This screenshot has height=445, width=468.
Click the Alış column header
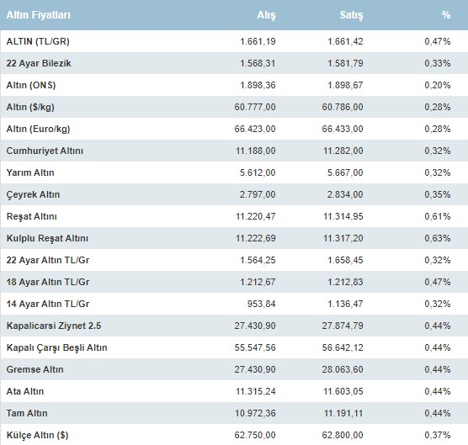click(x=266, y=15)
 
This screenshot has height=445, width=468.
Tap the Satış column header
click(x=351, y=15)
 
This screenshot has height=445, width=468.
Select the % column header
click(x=446, y=15)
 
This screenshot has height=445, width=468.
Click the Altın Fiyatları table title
click(x=39, y=15)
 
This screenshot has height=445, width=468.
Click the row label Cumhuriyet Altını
click(x=45, y=151)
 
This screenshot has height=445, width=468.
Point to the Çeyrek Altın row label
click(x=33, y=195)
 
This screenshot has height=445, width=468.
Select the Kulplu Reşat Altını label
click(x=47, y=238)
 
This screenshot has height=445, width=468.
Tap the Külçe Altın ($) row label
click(x=37, y=435)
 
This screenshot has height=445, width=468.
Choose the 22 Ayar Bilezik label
click(x=39, y=63)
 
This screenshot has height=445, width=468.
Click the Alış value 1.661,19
click(x=258, y=41)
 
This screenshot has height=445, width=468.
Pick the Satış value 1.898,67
click(x=345, y=85)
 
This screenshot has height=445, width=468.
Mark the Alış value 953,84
click(x=262, y=304)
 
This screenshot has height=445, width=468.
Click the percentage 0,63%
click(x=438, y=238)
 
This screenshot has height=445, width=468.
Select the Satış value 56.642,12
click(x=343, y=347)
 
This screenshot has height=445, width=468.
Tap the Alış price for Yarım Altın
click(x=258, y=172)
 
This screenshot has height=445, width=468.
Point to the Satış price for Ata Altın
click(x=343, y=391)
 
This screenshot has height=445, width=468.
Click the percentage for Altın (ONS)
click(x=438, y=85)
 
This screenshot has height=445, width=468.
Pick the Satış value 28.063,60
click(x=343, y=369)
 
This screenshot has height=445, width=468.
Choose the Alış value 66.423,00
click(x=255, y=129)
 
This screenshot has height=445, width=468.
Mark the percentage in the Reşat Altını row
click(x=438, y=216)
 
